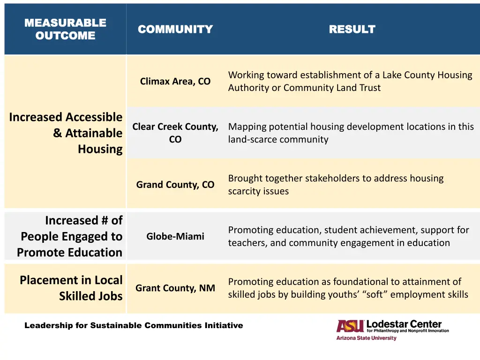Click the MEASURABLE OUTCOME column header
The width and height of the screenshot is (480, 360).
click(65, 29)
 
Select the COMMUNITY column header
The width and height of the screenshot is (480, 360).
click(175, 30)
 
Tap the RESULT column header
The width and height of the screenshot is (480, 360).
click(352, 30)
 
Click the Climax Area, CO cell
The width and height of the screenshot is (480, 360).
click(175, 82)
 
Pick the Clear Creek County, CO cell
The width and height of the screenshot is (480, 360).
click(175, 133)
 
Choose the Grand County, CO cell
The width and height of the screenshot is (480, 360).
click(175, 185)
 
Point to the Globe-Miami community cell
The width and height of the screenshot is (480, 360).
click(175, 236)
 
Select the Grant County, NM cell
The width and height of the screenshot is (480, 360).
click(175, 288)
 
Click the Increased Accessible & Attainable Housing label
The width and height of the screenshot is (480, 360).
click(66, 133)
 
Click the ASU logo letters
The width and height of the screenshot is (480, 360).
click(350, 326)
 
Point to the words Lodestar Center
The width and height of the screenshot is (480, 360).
click(404, 324)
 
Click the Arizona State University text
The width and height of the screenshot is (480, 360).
click(366, 338)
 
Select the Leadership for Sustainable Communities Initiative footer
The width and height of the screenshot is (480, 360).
click(134, 325)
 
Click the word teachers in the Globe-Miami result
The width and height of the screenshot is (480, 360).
click(246, 243)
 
